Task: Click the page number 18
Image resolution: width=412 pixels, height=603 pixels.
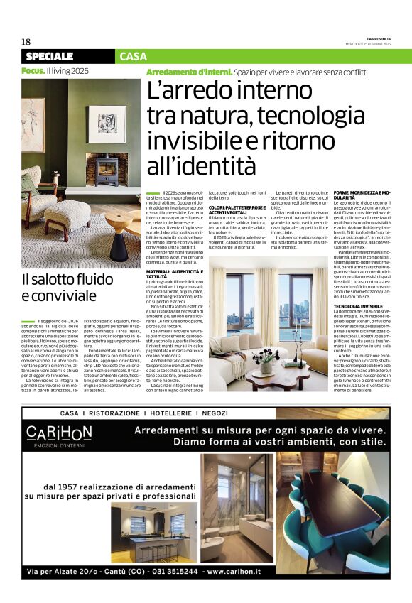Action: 26,42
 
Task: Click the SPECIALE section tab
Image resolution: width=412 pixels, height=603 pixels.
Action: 50,56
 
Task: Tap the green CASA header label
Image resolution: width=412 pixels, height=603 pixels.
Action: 133,56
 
